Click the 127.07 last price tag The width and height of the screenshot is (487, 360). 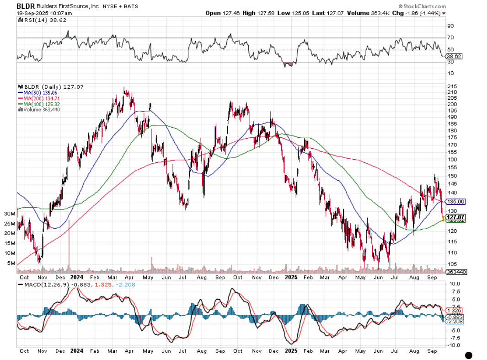tap(456, 217)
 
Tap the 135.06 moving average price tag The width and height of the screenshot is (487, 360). tap(456, 201)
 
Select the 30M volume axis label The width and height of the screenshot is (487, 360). tap(9, 214)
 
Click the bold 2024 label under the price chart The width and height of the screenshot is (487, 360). tap(76, 277)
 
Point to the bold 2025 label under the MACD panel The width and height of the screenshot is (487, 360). tap(291, 351)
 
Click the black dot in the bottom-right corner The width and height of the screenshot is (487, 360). tap(469, 355)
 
